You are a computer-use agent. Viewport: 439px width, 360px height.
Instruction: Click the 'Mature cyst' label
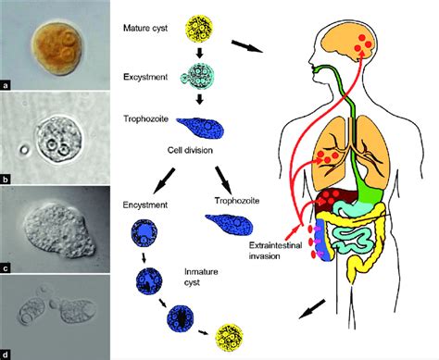click(x=145, y=28)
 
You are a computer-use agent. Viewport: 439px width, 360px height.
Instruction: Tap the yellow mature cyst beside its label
click(x=199, y=31)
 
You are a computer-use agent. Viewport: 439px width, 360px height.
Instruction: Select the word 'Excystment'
click(x=145, y=77)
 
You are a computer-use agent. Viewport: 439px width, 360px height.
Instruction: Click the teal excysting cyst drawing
click(x=198, y=77)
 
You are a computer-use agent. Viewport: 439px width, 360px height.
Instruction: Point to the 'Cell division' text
click(x=190, y=150)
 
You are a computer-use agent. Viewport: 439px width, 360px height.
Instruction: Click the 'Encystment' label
click(x=145, y=205)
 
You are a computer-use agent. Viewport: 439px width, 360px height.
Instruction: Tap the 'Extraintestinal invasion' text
click(x=275, y=251)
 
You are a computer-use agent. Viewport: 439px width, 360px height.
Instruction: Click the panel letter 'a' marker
click(x=6, y=85)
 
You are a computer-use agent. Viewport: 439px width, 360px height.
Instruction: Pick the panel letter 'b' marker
click(x=6, y=179)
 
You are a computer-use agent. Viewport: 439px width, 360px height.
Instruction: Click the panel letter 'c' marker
click(x=6, y=268)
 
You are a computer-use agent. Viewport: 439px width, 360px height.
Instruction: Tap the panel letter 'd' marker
click(x=6, y=354)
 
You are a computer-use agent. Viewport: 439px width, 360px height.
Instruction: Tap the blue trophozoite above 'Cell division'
click(x=200, y=128)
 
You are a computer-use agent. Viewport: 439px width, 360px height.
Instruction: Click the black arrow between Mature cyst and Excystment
click(x=199, y=53)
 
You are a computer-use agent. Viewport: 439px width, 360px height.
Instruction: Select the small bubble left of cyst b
click(x=23, y=150)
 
